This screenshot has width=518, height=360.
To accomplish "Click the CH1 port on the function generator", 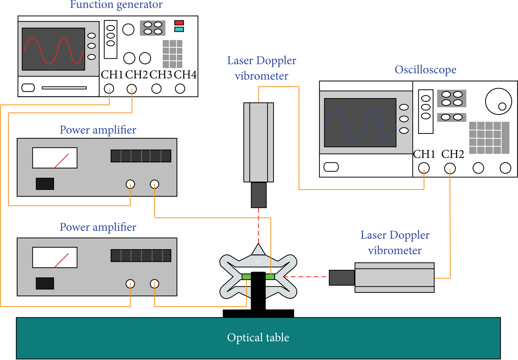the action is pyautogui.click(x=109, y=89).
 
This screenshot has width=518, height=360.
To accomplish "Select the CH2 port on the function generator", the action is pyautogui.click(x=132, y=89).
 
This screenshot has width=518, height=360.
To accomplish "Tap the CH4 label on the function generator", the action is pyautogui.click(x=185, y=75).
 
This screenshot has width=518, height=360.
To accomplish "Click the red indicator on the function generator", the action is pyautogui.click(x=179, y=23).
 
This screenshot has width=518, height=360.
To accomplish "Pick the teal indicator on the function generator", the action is pyautogui.click(x=179, y=30).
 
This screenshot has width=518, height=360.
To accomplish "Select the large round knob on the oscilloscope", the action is pyautogui.click(x=498, y=101).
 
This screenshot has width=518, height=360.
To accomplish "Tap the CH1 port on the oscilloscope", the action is pyautogui.click(x=424, y=168).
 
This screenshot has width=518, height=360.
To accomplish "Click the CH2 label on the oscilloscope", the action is pyautogui.click(x=453, y=154).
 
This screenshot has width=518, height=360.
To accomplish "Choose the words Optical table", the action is pyautogui.click(x=258, y=337).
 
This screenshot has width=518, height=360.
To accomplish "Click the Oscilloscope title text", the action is pyautogui.click(x=425, y=70).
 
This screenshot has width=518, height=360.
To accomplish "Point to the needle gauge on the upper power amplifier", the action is pyautogui.click(x=55, y=158).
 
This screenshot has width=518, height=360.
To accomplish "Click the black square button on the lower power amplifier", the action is pyautogui.click(x=45, y=283).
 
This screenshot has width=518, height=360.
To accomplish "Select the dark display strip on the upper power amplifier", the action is pyautogui.click(x=141, y=156).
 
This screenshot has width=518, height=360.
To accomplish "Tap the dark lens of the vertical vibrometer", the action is pyautogui.click(x=259, y=195).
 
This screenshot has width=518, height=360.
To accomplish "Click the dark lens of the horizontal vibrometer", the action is pyautogui.click(x=342, y=278).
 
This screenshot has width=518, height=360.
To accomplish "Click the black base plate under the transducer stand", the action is pyautogui.click(x=258, y=314).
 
